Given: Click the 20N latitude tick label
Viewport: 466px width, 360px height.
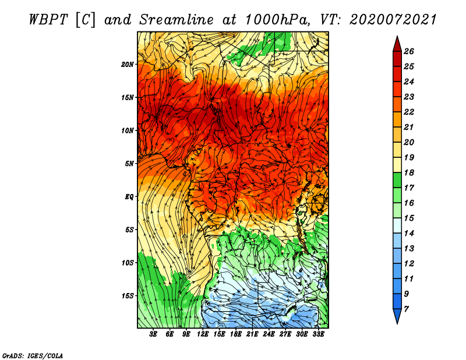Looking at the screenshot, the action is pyautogui.click(x=127, y=64).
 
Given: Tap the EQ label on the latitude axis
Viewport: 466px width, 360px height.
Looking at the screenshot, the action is pyautogui.click(x=129, y=196).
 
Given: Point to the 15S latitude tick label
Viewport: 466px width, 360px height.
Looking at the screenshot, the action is pyautogui.click(x=127, y=296).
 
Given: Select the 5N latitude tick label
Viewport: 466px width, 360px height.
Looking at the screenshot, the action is pyautogui.click(x=129, y=164).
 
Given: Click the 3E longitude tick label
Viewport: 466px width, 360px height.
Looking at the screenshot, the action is pyautogui.click(x=153, y=334).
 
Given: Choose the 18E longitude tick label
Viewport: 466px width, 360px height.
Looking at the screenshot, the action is pyautogui.click(x=236, y=334).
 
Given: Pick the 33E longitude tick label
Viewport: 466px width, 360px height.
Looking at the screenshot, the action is pyautogui.click(x=318, y=334).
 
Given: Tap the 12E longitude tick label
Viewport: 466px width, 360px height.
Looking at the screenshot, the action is pyautogui.click(x=203, y=334).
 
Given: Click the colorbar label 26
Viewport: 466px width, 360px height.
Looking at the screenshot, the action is pyautogui.click(x=409, y=51).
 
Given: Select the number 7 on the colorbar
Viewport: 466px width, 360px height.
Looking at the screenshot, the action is pyautogui.click(x=406, y=309).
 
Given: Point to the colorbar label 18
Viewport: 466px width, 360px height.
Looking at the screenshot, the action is pyautogui.click(x=409, y=172).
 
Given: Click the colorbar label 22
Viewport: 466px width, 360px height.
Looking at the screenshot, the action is pyautogui.click(x=409, y=112).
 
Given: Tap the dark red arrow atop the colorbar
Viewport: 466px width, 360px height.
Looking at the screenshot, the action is pyautogui.click(x=397, y=44).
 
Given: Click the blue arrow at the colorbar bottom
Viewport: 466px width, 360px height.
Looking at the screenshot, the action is pyautogui.click(x=397, y=316).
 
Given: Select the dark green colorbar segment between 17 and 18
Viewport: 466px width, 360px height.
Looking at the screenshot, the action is pyautogui.click(x=397, y=180).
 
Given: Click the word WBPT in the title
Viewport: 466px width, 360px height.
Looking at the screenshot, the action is pyautogui.click(x=48, y=20).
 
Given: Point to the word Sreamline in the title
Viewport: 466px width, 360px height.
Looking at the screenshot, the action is pyautogui.click(x=176, y=20).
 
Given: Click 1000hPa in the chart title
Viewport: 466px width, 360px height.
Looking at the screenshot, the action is pyautogui.click(x=276, y=20).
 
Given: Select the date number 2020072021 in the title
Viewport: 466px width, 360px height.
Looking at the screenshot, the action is pyautogui.click(x=393, y=20).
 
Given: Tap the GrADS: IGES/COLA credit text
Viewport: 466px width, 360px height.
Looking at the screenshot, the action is pyautogui.click(x=33, y=356).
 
